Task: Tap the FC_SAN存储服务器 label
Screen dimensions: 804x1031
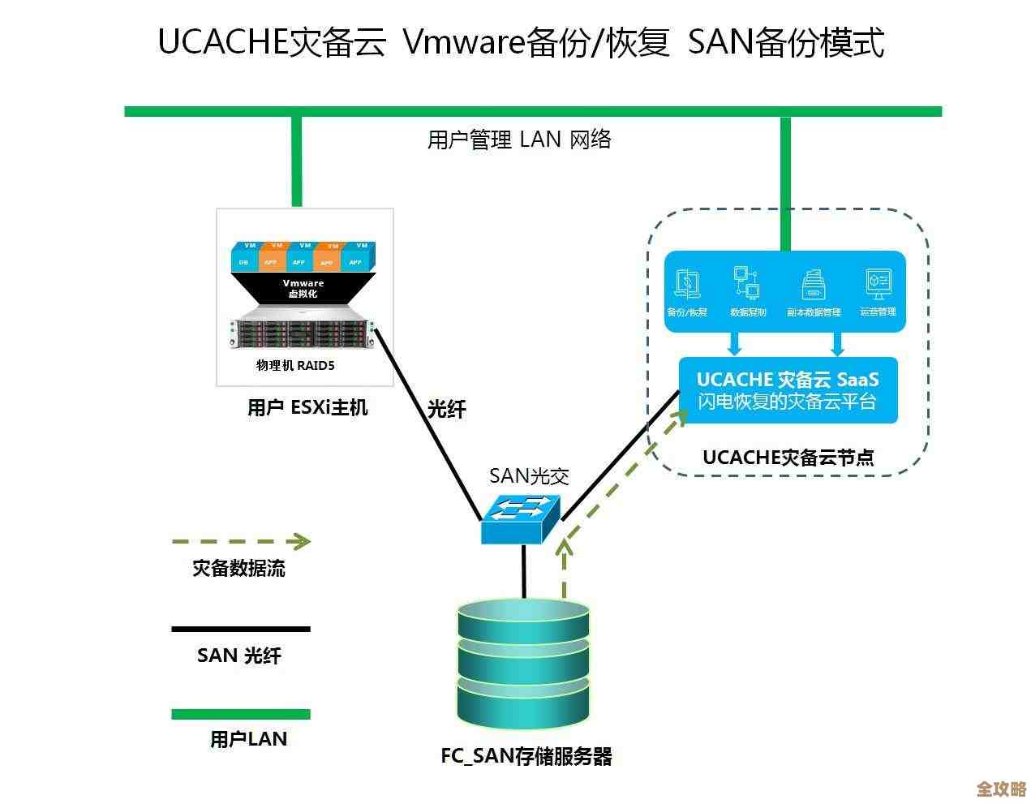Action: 526,756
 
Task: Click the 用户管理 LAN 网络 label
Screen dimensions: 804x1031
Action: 519,140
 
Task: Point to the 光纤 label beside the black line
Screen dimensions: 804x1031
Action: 447,409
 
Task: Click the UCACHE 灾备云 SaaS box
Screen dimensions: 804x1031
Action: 788,390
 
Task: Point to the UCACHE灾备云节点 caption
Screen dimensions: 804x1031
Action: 788,457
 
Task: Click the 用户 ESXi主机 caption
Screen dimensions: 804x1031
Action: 307,407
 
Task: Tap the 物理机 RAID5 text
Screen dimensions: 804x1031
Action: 295,365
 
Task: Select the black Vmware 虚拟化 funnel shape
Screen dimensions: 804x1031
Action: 303,289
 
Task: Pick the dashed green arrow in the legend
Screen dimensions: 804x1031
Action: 241,541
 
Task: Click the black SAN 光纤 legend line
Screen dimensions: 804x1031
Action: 241,629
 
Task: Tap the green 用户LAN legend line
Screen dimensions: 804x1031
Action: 241,715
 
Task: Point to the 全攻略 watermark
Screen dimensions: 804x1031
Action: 1001,788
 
